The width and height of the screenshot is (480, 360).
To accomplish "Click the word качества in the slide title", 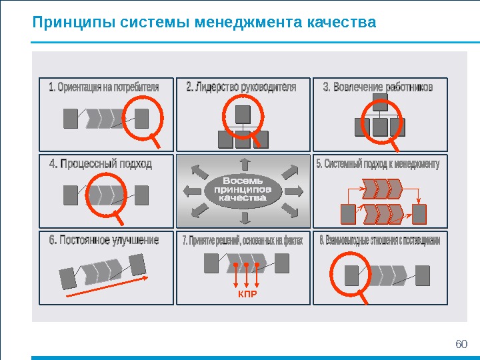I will pos(343,24).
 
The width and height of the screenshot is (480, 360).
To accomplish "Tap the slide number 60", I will pos(461,344).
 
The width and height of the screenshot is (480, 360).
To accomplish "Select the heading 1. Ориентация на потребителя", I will pos(104,87).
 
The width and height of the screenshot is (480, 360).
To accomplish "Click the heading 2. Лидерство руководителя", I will pos(241,87).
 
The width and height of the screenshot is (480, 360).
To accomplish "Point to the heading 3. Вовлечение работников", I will pos(378,87).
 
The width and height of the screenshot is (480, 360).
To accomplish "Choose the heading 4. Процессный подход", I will pos(101,163).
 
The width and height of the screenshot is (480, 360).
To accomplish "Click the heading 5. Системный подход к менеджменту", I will pos(378,163).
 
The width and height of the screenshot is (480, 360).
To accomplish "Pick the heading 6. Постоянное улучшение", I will pos(104,240).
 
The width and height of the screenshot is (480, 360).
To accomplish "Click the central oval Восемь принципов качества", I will pos(243,189).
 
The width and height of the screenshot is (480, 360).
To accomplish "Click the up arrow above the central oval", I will pos(244,163).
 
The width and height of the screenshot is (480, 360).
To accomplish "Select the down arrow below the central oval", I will pos(244,218).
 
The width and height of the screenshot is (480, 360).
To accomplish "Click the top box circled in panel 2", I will pos(243,113).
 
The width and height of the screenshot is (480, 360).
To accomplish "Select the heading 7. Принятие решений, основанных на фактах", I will pos(243,241).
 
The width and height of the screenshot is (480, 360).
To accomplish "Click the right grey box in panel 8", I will pos(421,273).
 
